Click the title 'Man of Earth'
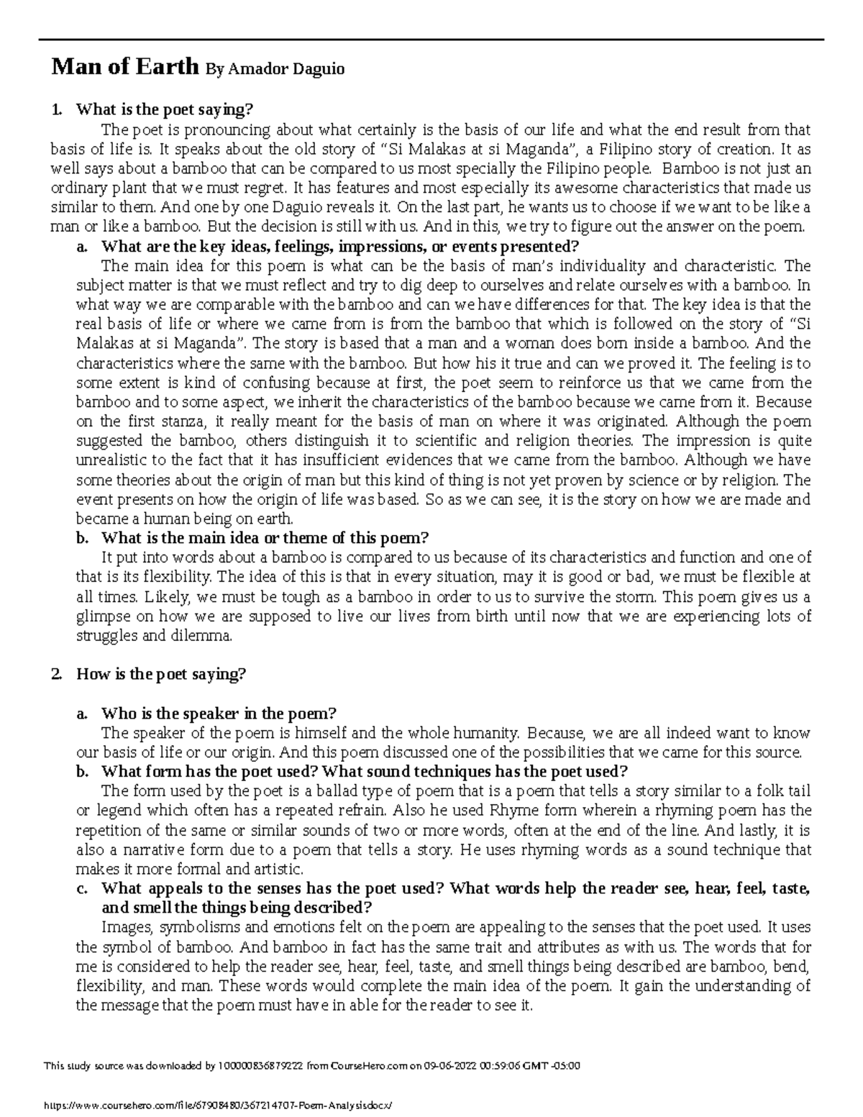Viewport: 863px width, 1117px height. coord(124,68)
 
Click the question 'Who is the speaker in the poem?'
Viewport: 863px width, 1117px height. coord(219,713)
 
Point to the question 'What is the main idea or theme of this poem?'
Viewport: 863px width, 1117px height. coord(265,538)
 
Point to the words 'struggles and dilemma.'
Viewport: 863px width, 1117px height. coord(154,636)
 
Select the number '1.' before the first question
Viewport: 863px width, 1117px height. coord(57,110)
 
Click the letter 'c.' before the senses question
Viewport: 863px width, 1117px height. coord(81,888)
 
